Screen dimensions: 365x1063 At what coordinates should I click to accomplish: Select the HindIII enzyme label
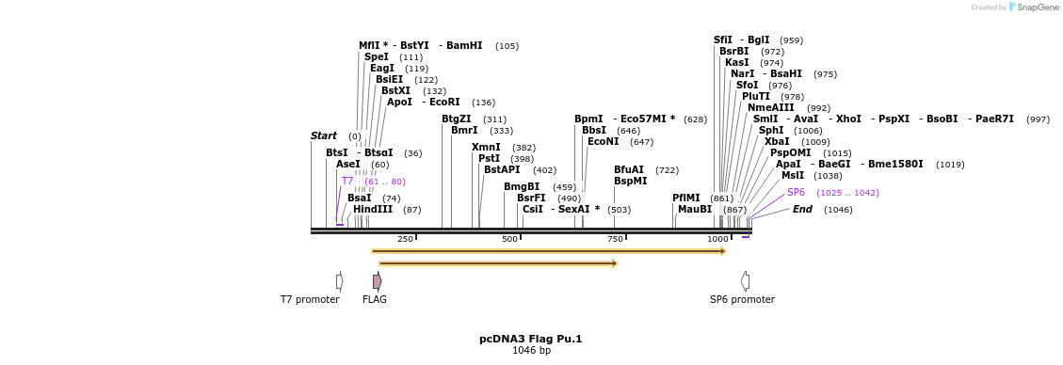pyautogui.click(x=373, y=210)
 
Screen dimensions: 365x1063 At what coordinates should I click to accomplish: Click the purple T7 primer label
pyautogui.click(x=347, y=181)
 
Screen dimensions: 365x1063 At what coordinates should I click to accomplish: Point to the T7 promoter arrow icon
pyautogui.click(x=339, y=281)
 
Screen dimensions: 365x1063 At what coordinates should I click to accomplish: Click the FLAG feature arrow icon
pyautogui.click(x=377, y=281)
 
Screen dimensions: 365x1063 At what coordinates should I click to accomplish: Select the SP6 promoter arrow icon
pyautogui.click(x=745, y=281)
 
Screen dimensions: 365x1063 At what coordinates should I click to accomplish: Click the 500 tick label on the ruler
pyautogui.click(x=509, y=239)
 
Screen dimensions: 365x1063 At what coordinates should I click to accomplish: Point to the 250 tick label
pyautogui.click(x=405, y=239)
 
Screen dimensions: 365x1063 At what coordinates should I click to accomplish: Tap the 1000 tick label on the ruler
pyautogui.click(x=717, y=239)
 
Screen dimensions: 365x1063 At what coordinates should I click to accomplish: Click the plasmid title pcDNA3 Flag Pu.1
pyautogui.click(x=531, y=339)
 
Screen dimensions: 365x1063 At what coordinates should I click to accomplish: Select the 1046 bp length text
pyautogui.click(x=531, y=350)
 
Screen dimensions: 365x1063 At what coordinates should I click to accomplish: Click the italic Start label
pyautogui.click(x=324, y=136)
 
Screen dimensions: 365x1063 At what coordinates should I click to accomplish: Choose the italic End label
pyautogui.click(x=802, y=210)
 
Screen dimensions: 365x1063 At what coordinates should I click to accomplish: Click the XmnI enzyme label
pyautogui.click(x=486, y=148)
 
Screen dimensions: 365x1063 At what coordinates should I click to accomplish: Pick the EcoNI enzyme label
pyautogui.click(x=603, y=141)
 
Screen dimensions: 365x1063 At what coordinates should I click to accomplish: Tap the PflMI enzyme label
pyautogui.click(x=686, y=198)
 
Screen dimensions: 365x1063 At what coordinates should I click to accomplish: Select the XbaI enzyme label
pyautogui.click(x=777, y=141)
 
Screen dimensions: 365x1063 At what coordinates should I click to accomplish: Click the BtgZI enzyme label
pyautogui.click(x=457, y=119)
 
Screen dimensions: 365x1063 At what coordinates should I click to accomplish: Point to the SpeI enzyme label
pyautogui.click(x=377, y=57)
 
